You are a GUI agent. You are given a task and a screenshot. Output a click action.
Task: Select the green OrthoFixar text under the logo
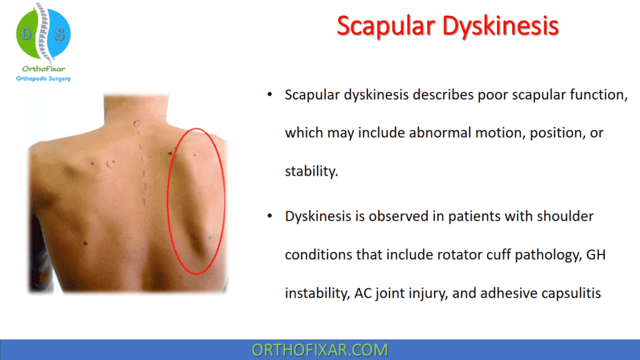click(x=43, y=69)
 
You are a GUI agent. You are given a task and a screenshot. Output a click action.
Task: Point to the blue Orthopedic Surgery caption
click(x=43, y=78)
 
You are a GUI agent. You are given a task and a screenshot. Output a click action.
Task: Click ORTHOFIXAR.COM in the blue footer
click(x=319, y=350)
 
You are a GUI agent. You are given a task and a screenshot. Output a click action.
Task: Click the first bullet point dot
click(x=270, y=95)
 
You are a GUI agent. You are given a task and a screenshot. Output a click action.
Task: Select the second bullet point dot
click(x=270, y=216)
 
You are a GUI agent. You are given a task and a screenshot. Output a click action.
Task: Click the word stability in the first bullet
click(x=311, y=171)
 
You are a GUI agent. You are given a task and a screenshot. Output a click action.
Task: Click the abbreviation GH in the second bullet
click(x=596, y=255)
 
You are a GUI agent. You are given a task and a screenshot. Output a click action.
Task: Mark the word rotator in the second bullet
click(x=459, y=255)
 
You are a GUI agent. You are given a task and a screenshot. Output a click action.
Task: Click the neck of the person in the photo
click(x=136, y=108)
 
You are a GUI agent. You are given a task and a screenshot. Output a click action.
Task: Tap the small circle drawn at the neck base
click(x=136, y=123)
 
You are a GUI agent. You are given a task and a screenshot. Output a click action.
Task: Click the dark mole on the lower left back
click(x=85, y=244)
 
